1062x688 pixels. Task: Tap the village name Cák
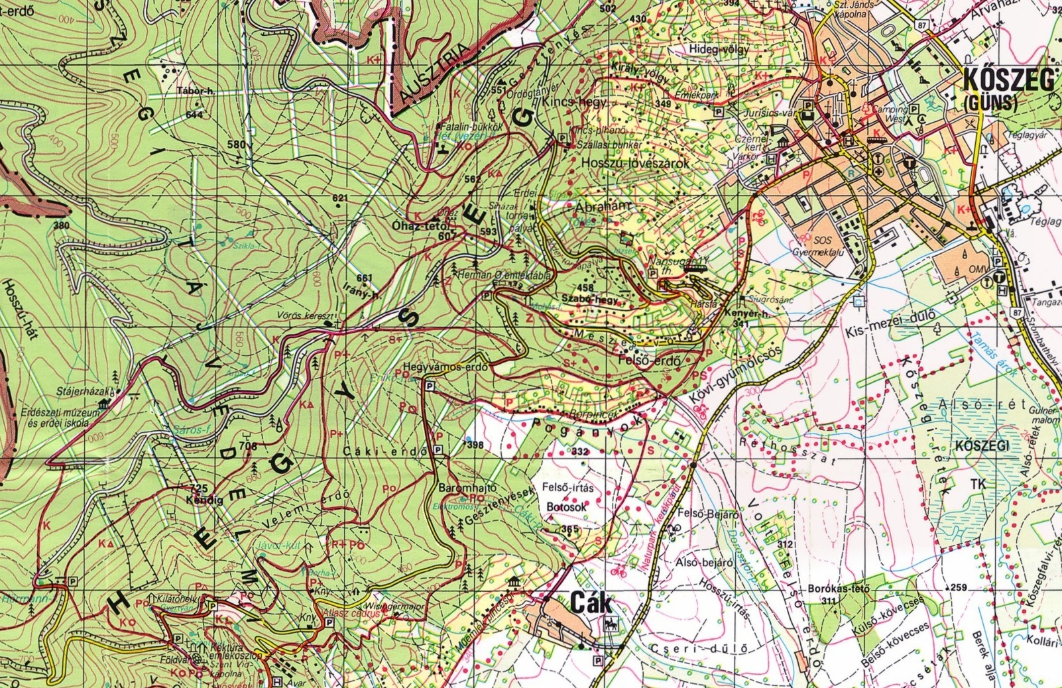point(591,604)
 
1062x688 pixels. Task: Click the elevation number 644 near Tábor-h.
point(194,115)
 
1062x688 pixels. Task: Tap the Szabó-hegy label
point(589,299)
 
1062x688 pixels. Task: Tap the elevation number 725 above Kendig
point(199,488)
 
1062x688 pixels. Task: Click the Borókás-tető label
point(839,589)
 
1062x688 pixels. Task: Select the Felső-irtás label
point(568,487)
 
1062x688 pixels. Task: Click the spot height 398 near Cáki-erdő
point(475,445)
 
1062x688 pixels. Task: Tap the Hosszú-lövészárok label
point(635,162)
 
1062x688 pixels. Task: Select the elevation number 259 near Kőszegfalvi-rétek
point(959,587)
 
